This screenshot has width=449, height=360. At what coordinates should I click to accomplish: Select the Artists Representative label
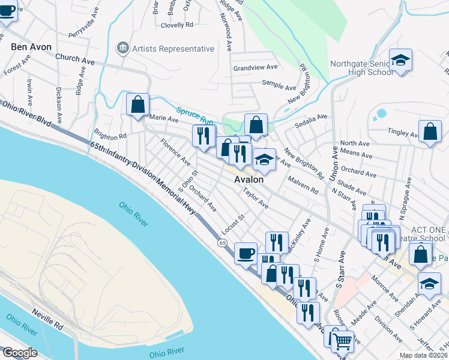tap(173, 49)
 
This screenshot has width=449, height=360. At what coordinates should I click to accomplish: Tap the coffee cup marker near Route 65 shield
tap(245, 253)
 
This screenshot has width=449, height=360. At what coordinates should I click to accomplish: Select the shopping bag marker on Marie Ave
tap(138, 104)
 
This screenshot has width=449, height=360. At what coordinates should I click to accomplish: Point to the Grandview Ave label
tap(255, 68)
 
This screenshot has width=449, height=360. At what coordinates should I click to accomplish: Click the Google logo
tap(20, 353)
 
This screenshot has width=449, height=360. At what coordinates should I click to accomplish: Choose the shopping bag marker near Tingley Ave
tap(430, 132)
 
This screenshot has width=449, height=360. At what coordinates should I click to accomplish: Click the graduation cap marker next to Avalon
tap(264, 161)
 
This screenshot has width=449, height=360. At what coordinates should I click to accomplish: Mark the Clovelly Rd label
tap(177, 25)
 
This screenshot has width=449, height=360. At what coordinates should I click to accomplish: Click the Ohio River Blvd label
tap(25, 112)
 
